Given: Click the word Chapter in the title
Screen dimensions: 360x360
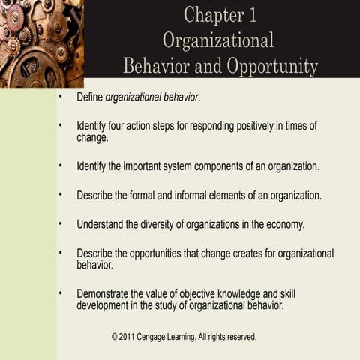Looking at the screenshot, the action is tap(208, 15).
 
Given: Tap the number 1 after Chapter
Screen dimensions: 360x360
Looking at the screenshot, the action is tap(250, 15).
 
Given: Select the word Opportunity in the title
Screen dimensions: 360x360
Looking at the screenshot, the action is tap(268, 66).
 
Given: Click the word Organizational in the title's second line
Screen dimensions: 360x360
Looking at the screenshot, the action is tap(218, 40).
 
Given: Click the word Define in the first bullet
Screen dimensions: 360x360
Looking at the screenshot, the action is tap(89, 97).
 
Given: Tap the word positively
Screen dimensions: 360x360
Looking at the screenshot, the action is tap(238, 126).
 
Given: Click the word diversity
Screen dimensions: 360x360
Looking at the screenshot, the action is tap(164, 224).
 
